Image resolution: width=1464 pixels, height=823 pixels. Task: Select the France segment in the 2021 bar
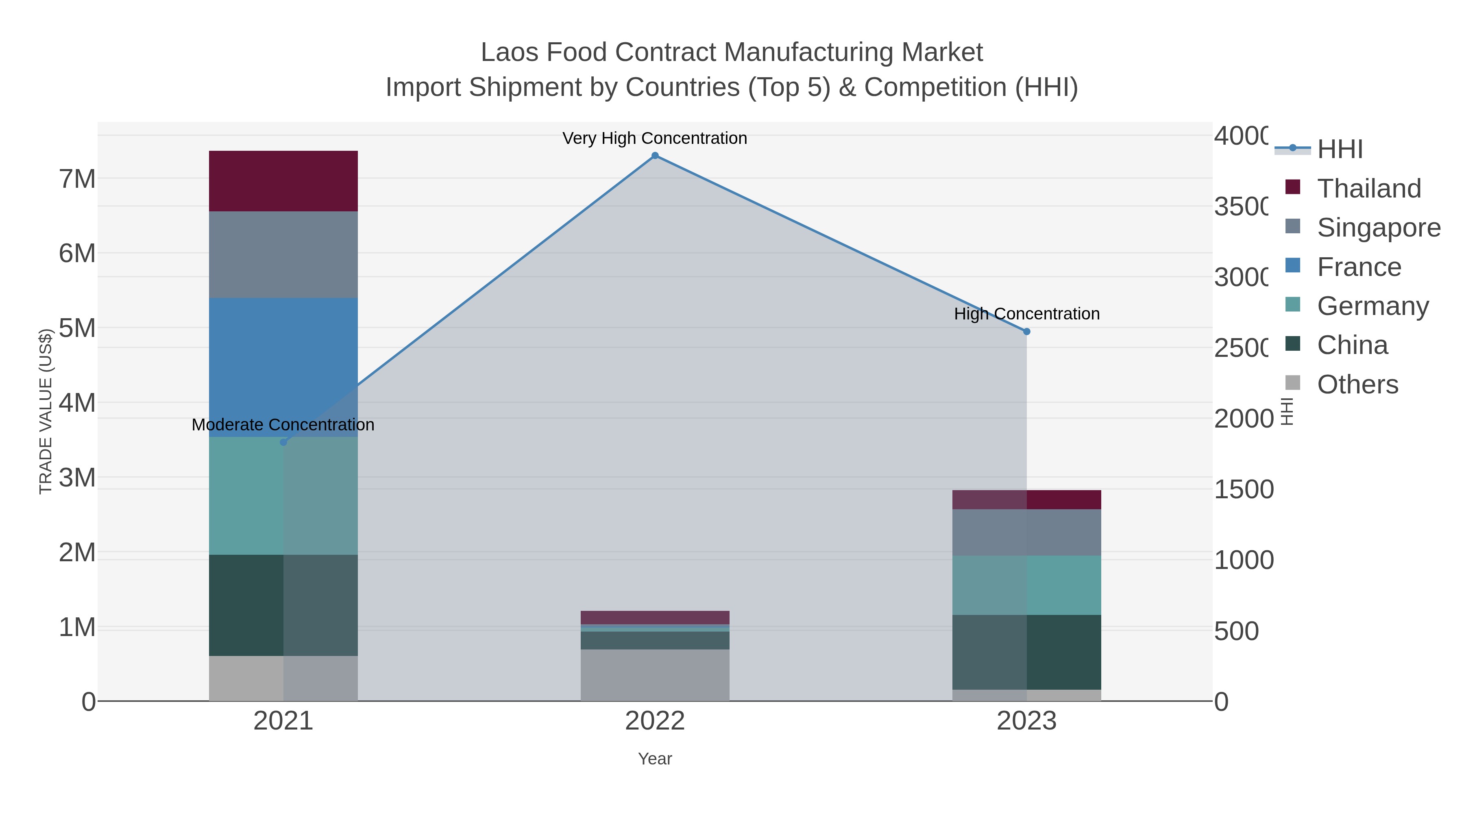[283, 367]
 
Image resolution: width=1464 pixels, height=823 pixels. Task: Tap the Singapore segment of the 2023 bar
[1026, 532]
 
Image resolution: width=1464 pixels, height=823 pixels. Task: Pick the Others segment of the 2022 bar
[655, 675]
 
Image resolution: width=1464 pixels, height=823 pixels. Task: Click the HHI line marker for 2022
[655, 156]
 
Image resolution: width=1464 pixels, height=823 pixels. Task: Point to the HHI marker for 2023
[1026, 332]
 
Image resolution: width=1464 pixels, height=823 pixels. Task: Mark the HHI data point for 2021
[283, 442]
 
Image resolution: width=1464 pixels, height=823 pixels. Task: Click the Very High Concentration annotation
[655, 138]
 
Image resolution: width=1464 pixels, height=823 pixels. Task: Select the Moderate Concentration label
[283, 425]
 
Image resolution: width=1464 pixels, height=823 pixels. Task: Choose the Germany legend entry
[1372, 306]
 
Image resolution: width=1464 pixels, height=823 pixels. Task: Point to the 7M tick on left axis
[77, 179]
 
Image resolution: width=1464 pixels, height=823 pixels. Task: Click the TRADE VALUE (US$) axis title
[46, 411]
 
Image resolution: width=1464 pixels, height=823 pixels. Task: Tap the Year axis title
[655, 759]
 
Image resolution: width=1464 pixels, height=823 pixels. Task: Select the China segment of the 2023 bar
[1026, 652]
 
